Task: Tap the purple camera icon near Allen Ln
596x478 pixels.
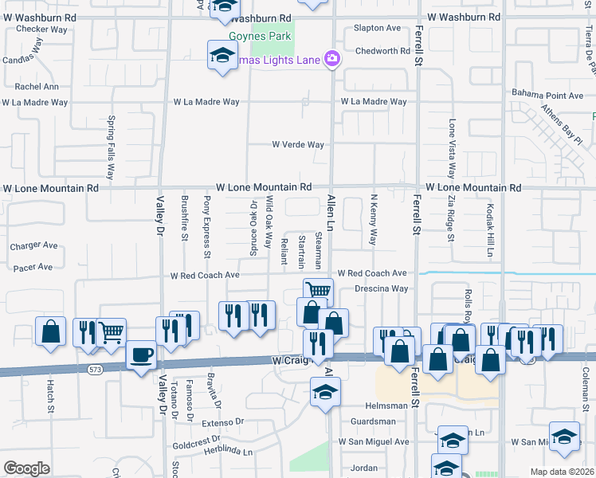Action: pos(332,58)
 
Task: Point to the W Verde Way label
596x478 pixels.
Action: pos(298,145)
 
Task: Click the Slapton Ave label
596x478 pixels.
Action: pos(378,28)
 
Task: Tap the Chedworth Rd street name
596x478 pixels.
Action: pos(382,51)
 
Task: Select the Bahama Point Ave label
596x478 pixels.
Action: pos(548,96)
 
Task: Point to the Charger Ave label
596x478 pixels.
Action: pos(34,246)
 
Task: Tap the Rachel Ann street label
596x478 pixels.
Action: pos(37,87)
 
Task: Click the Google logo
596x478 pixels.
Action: pos(26,468)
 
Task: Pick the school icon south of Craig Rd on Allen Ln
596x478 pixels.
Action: pos(324,392)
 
